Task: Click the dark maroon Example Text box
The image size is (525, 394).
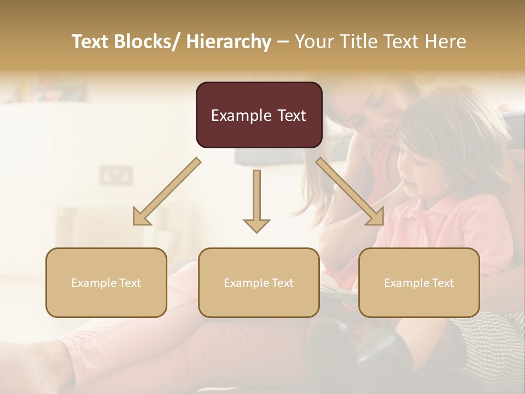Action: click(259, 115)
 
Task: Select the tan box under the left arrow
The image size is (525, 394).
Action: click(106, 282)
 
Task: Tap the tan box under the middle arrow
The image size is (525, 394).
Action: click(259, 282)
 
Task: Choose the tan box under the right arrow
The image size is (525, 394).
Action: click(419, 282)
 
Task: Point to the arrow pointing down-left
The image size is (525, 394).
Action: click(167, 191)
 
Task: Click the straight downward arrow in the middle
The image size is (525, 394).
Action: click(256, 200)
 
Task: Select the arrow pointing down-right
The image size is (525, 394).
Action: click(350, 191)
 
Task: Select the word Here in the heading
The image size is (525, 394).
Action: click(446, 42)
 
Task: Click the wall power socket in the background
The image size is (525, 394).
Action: click(116, 175)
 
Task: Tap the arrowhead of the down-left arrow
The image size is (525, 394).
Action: click(141, 217)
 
